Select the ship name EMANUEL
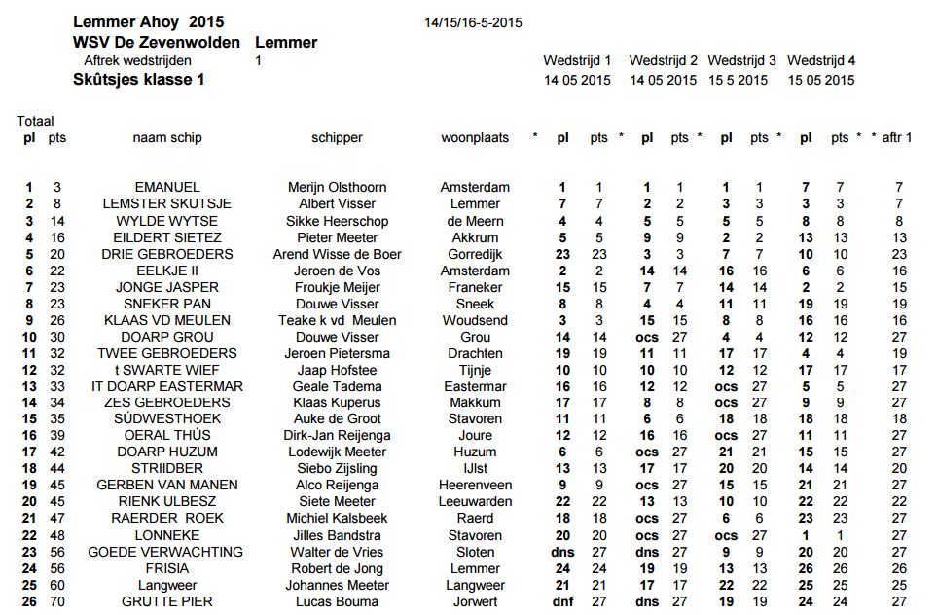coord(167,187)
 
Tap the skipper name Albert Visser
coord(337,203)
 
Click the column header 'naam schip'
coord(167,138)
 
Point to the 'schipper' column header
coord(337,138)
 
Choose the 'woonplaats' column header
coord(475,138)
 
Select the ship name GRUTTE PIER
coord(167,602)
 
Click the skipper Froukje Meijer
coord(337,287)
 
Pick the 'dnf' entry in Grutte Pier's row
coord(562,602)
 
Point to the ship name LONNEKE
coord(167,535)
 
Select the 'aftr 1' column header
coord(896,138)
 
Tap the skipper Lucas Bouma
coord(337,602)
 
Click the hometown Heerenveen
coord(475,486)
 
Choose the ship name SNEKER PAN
coord(167,304)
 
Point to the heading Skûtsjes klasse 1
coord(138,80)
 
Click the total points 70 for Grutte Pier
coord(57,602)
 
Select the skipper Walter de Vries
coord(337,552)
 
